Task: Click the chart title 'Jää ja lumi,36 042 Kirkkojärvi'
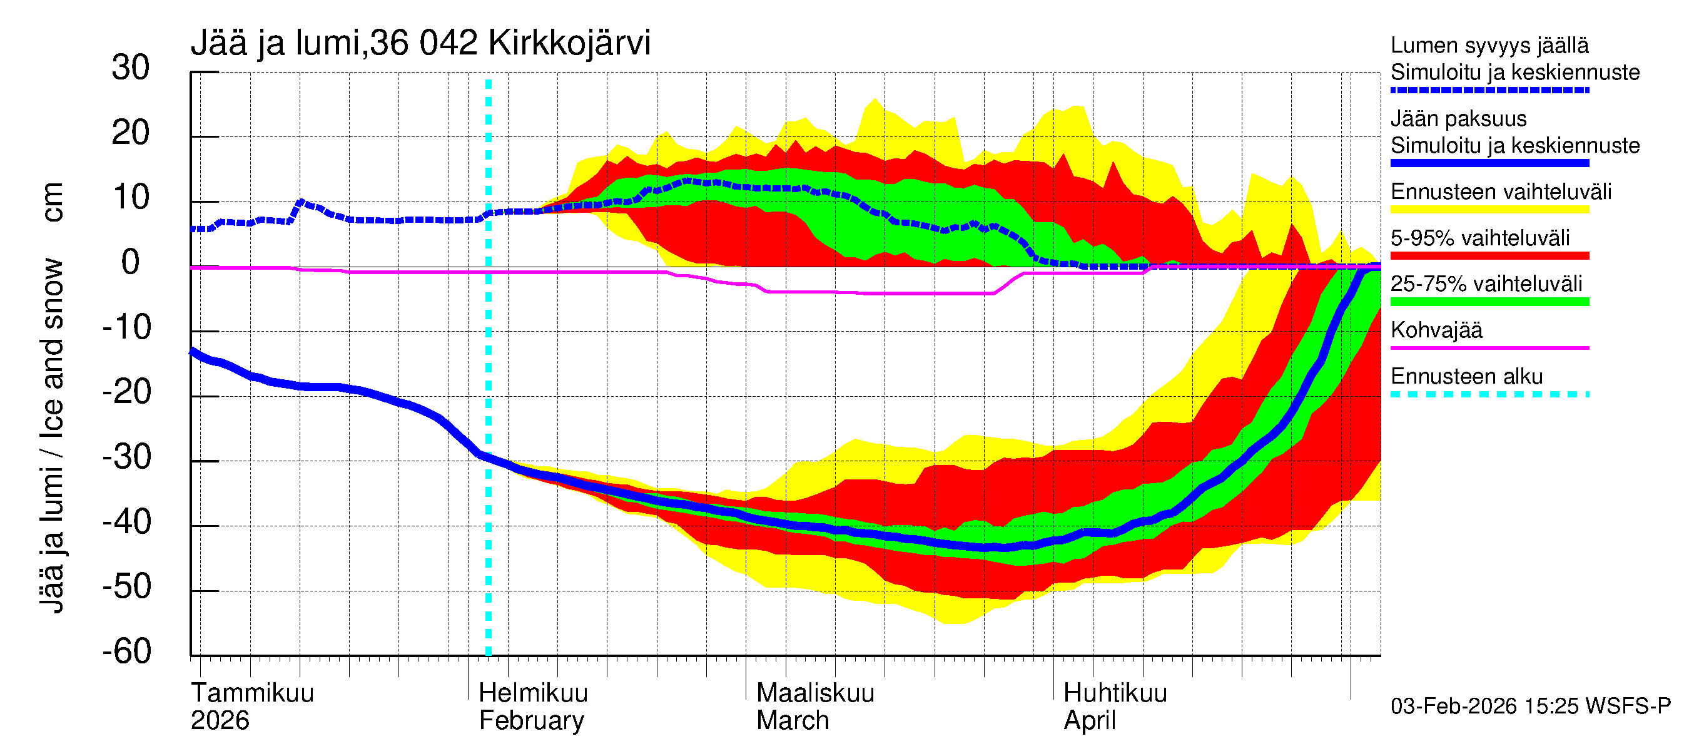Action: click(420, 43)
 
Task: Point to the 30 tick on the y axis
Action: click(131, 68)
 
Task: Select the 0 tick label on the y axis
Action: click(131, 263)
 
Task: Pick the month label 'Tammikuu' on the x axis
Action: click(253, 693)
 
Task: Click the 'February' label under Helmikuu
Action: click(531, 721)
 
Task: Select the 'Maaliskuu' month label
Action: click(815, 693)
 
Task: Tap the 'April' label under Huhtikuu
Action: click(1089, 721)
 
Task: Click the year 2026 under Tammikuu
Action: click(220, 721)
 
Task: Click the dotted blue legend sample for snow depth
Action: click(1489, 91)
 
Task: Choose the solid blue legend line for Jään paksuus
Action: click(1489, 163)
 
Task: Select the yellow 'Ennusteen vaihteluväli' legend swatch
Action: click(1489, 210)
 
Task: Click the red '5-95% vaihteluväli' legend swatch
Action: click(1489, 256)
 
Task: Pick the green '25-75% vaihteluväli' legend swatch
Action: click(1489, 302)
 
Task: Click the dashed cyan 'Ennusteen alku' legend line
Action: click(1489, 395)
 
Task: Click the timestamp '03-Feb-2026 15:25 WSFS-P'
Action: click(1530, 707)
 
